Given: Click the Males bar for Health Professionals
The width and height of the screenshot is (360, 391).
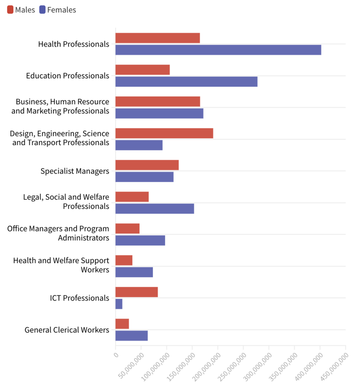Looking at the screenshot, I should [x=157, y=38].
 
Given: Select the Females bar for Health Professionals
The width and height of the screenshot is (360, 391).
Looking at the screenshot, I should [x=218, y=50].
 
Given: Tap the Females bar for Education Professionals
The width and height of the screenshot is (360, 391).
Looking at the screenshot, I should [x=186, y=82].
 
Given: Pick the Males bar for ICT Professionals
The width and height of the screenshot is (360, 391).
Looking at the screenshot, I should [x=137, y=292].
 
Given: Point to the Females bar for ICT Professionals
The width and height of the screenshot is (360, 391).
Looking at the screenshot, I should [x=119, y=304].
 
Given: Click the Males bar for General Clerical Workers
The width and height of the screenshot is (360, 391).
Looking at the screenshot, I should [x=122, y=324].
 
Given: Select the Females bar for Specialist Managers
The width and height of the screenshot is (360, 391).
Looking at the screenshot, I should [x=144, y=177].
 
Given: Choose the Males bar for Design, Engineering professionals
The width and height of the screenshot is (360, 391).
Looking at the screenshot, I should [x=164, y=133].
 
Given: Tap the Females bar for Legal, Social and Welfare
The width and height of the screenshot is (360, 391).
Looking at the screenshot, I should [x=154, y=209].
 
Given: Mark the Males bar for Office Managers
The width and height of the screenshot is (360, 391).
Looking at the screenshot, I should [x=127, y=229].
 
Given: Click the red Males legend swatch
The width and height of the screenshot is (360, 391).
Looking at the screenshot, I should [x=10, y=10].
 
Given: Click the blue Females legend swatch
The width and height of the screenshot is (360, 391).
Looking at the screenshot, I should [x=42, y=10].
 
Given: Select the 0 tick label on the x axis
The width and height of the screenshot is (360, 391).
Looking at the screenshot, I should [x=116, y=354].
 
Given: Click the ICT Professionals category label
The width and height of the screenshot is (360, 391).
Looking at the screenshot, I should [x=79, y=298].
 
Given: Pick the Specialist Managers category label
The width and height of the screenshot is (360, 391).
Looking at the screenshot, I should [x=75, y=171].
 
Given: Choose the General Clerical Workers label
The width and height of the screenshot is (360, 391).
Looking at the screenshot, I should [x=67, y=330].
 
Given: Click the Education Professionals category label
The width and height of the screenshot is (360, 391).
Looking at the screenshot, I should [x=67, y=76].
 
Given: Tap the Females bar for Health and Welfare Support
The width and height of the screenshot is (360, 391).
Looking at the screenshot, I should [x=134, y=272].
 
